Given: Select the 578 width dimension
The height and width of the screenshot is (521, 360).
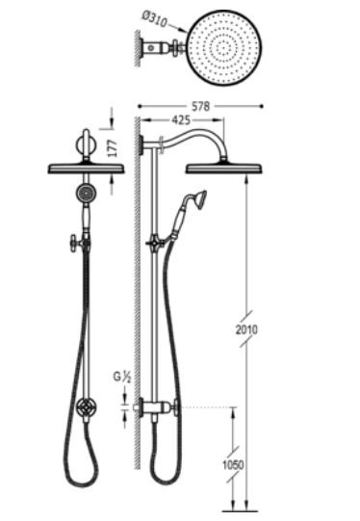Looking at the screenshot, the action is [200, 106].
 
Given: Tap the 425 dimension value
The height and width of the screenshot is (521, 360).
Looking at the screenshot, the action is [181, 120].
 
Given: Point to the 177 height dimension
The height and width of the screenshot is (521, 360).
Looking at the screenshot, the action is [113, 148].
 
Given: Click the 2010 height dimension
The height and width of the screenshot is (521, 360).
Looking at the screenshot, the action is [246, 329].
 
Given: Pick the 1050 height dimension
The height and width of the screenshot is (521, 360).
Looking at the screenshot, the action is [233, 465].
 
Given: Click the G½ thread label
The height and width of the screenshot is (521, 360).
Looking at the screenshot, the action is [122, 377].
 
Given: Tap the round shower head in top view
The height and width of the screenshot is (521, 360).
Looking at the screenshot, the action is [224, 48].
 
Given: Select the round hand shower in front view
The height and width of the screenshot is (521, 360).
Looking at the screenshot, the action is [86, 193].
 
